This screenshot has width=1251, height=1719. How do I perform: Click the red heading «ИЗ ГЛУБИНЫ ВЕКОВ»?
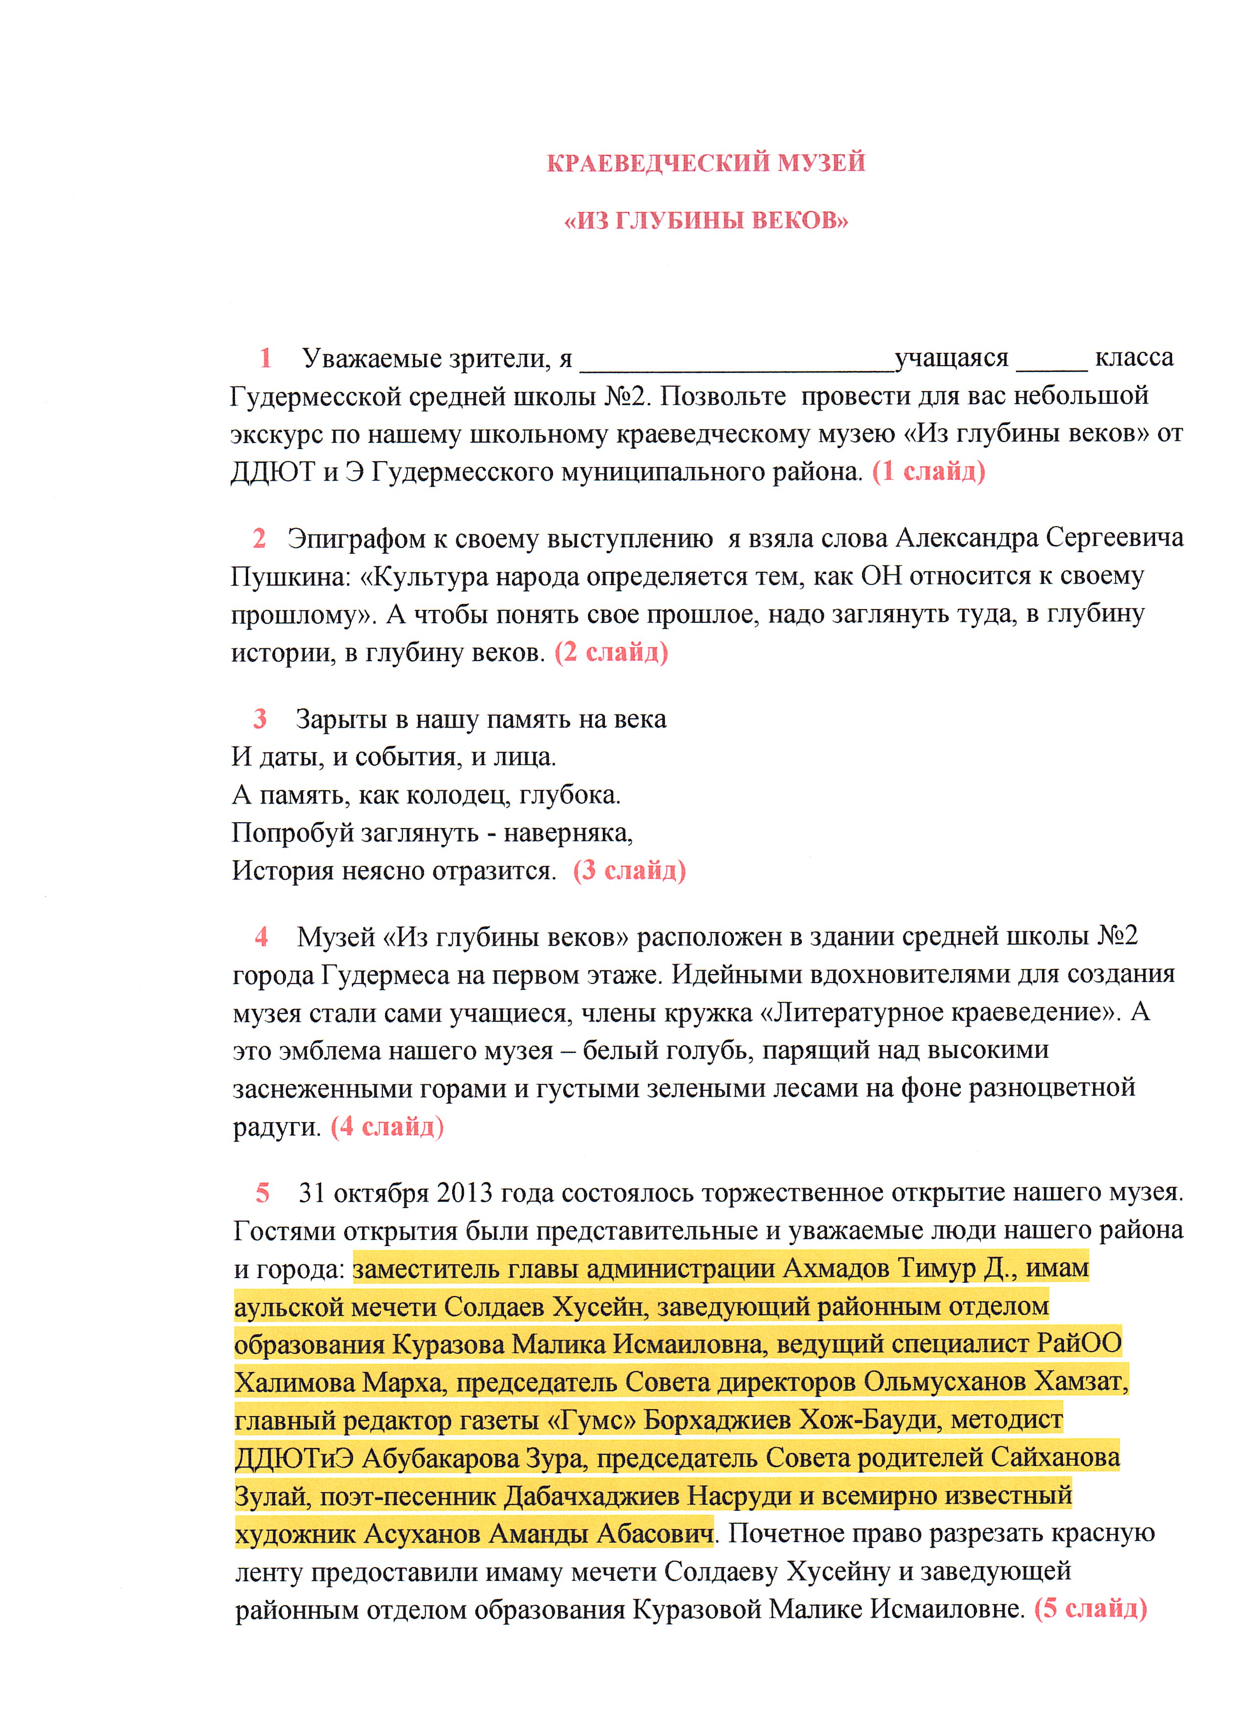pos(706,221)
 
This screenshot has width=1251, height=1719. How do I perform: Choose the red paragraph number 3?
pos(260,718)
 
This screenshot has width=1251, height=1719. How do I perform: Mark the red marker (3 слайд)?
pos(629,870)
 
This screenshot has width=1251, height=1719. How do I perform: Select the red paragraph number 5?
pos(262,1193)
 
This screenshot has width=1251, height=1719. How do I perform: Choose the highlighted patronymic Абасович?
pos(655,1534)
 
